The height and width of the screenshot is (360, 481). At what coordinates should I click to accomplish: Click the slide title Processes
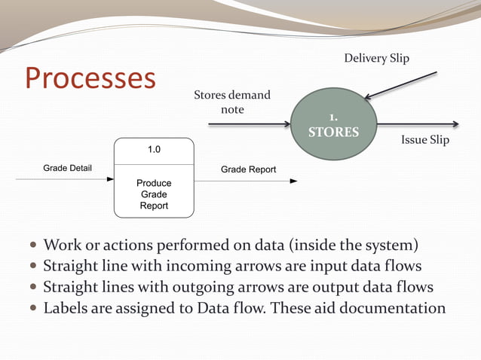tap(90, 78)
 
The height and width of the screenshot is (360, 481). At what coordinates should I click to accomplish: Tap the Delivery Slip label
tap(376, 58)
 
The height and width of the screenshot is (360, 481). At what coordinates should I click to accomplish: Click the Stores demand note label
tap(232, 102)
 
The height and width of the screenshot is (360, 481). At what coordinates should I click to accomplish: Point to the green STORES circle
tap(332, 125)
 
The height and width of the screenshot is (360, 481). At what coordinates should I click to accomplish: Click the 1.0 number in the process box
tap(154, 149)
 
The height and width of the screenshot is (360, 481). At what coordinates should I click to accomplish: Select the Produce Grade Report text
tap(154, 194)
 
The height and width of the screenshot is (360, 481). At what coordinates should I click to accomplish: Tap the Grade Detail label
tap(67, 168)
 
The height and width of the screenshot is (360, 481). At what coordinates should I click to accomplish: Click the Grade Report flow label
tap(248, 169)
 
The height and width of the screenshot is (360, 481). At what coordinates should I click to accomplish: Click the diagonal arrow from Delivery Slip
tap(400, 85)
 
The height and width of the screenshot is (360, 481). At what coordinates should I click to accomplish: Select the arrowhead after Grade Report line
tap(293, 181)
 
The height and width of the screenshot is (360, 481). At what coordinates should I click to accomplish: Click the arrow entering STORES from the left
tap(249, 124)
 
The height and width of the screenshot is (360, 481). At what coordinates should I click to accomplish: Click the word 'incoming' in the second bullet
tap(191, 266)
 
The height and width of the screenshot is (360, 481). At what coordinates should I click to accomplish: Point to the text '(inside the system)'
tap(354, 245)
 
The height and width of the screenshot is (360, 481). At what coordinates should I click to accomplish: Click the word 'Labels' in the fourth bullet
tap(66, 308)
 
